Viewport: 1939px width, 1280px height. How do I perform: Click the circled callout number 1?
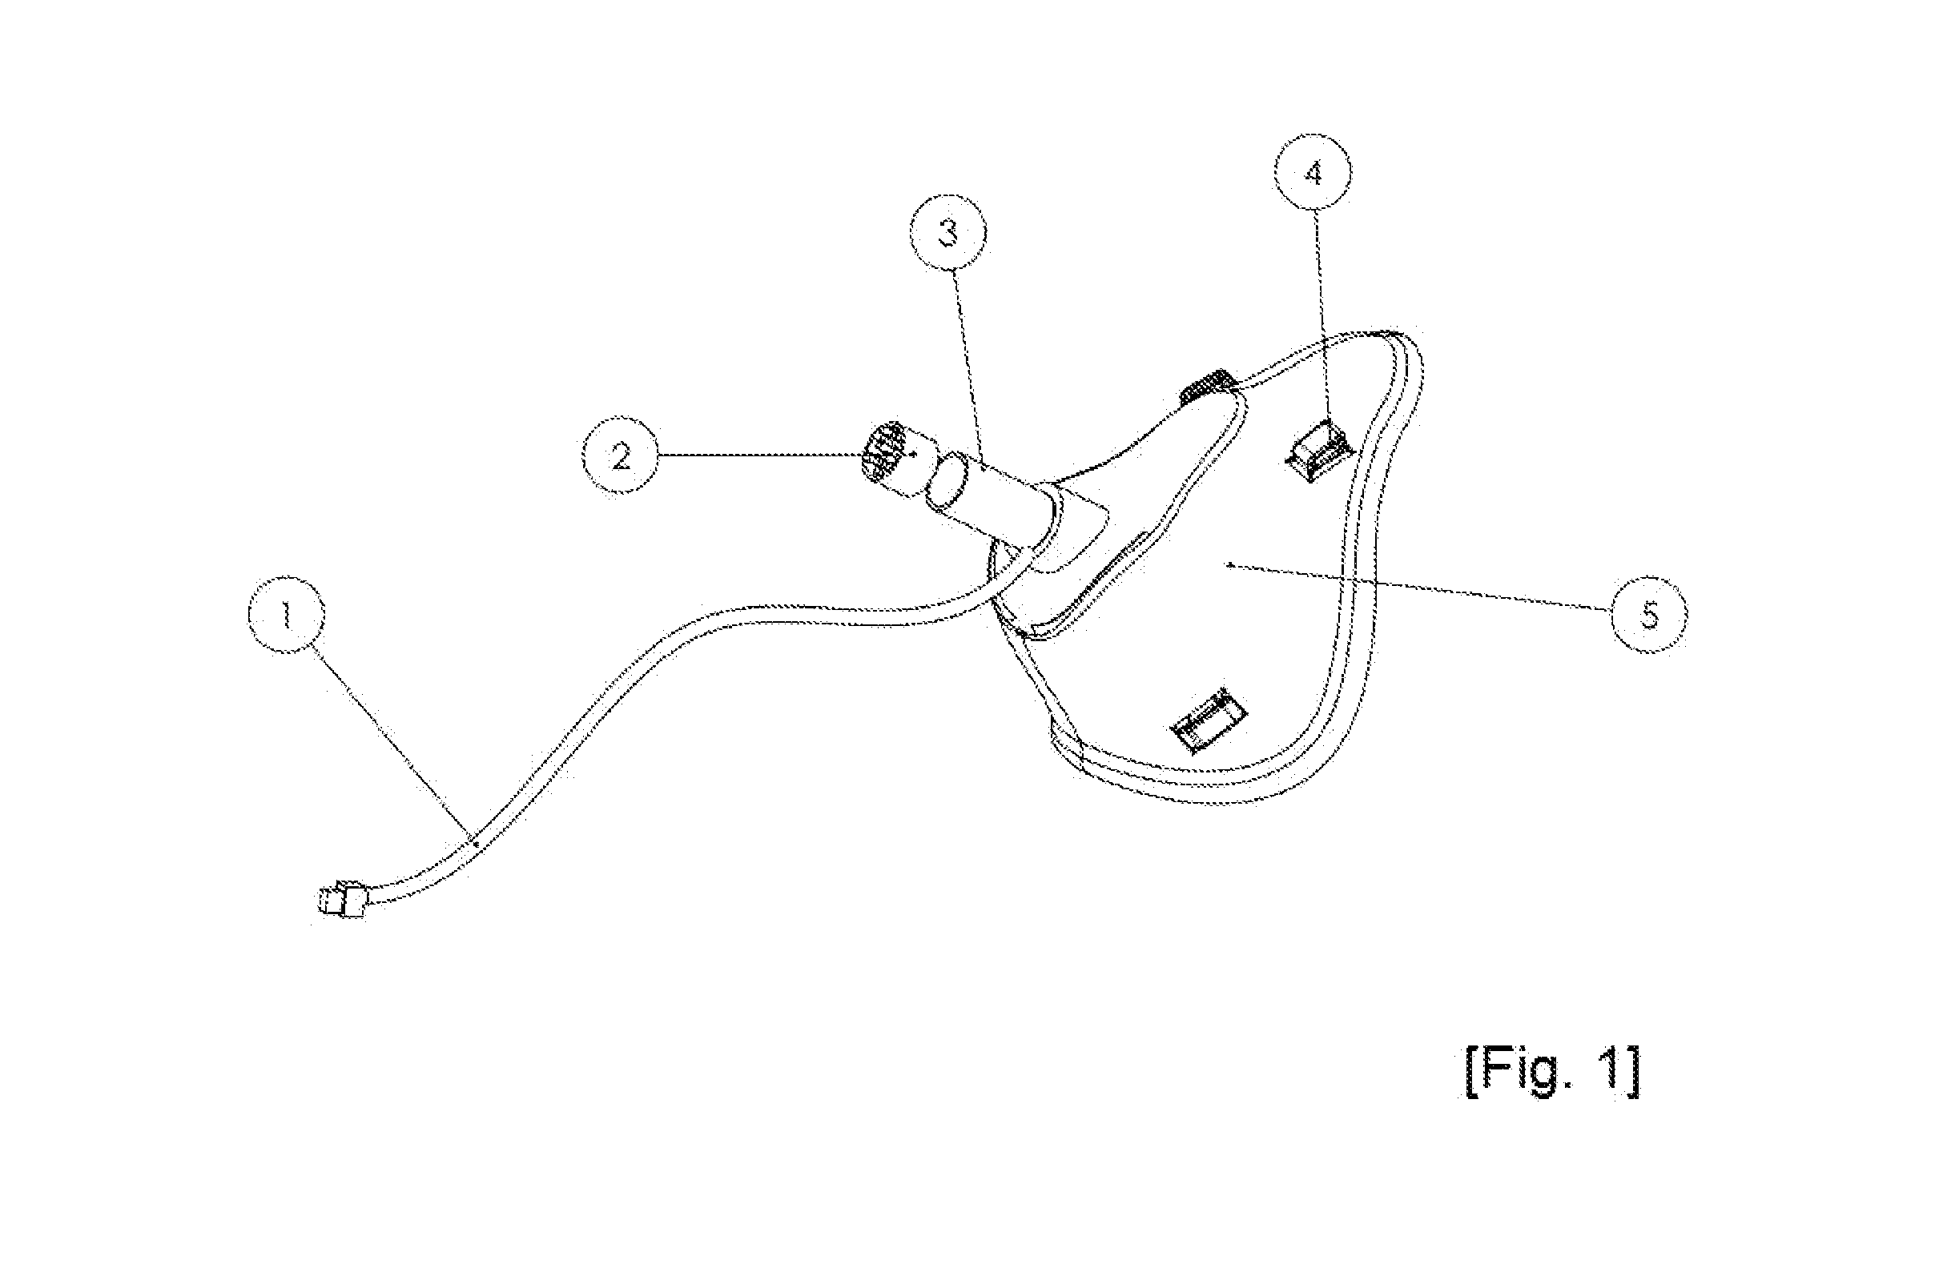pyautogui.click(x=286, y=615)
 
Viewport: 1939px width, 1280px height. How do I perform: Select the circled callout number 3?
pyautogui.click(x=948, y=233)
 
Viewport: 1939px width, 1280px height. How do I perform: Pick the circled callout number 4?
pyautogui.click(x=1313, y=173)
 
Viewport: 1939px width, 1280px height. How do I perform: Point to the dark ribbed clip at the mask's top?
pyautogui.click(x=1209, y=386)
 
